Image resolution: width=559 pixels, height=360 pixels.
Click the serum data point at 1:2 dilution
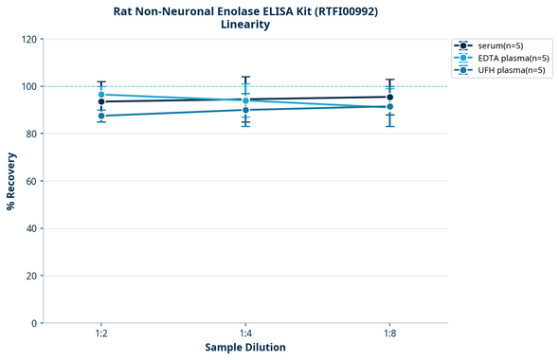tap(101, 101)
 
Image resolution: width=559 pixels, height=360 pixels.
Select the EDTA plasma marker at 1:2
tap(101, 95)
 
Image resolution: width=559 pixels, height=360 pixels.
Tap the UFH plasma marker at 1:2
tap(101, 116)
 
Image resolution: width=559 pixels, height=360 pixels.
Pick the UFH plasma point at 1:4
tap(245, 110)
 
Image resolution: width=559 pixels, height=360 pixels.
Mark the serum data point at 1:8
tap(389, 97)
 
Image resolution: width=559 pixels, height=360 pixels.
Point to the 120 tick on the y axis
tap(28, 40)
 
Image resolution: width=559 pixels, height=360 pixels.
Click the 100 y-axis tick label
tap(28, 87)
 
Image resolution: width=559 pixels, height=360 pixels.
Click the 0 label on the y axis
tap(34, 324)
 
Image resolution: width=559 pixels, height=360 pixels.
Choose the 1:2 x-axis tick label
tap(101, 334)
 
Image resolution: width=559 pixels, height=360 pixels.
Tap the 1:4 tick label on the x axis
tap(245, 334)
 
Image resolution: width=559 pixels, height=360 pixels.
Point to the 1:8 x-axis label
tap(389, 334)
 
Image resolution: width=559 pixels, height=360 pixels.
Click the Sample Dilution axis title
tap(245, 348)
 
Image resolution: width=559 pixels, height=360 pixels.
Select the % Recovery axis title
tap(11, 181)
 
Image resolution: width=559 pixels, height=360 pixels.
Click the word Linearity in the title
tap(244, 25)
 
